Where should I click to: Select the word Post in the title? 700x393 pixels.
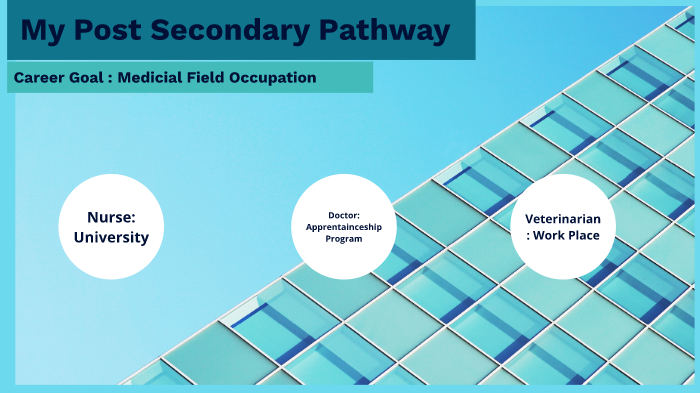[x=112, y=31]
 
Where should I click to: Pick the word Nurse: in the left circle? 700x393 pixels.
[x=110, y=216]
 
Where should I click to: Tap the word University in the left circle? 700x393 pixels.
[x=110, y=237]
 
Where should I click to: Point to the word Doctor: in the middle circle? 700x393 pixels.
[x=343, y=215]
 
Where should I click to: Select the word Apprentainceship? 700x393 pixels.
[x=343, y=227]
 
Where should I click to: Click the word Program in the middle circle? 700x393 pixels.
[x=343, y=239]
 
